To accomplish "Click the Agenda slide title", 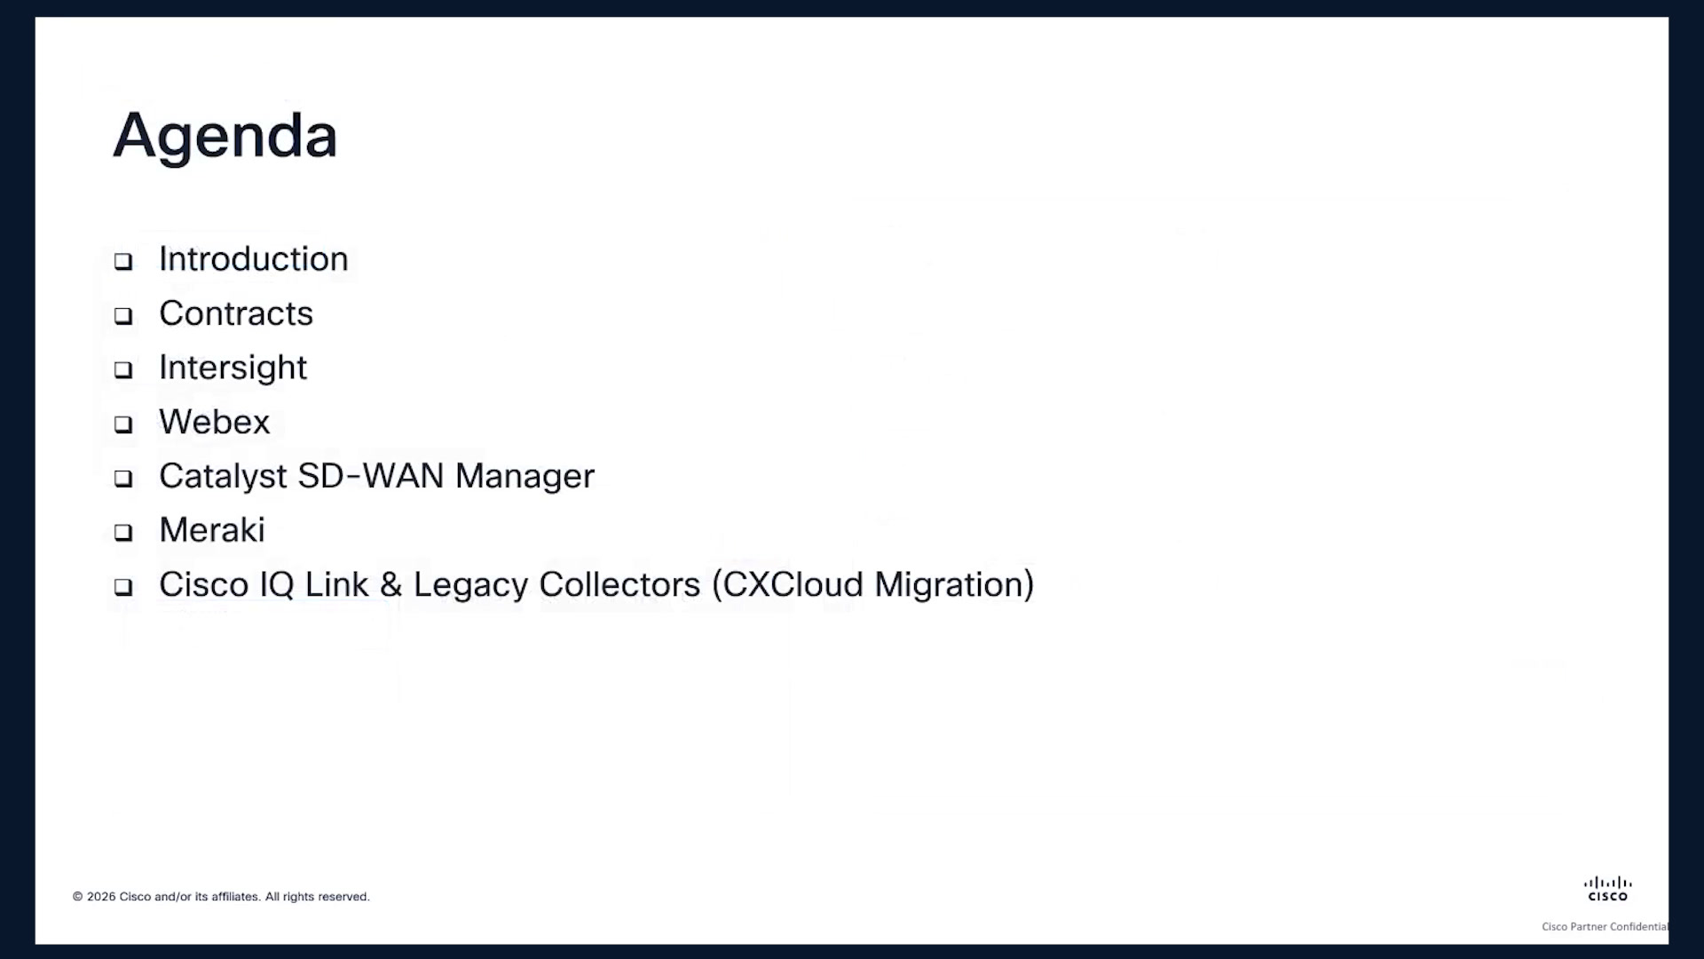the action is click(x=225, y=137).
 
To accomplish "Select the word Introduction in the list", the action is click(x=254, y=259).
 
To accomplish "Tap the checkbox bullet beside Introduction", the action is click(x=123, y=261).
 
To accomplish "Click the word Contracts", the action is click(x=236, y=313).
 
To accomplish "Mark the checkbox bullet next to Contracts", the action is click(x=123, y=315).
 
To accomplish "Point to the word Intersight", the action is click(x=233, y=368).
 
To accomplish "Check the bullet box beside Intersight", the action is click(x=123, y=369).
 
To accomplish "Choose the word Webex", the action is click(x=214, y=422).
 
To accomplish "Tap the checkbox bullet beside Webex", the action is click(x=123, y=424).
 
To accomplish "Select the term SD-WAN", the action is click(x=371, y=476).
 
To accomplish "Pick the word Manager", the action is click(x=525, y=477).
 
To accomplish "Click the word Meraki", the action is click(x=212, y=530).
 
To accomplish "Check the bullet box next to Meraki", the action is click(x=123, y=532).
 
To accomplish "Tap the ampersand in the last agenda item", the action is click(x=390, y=585).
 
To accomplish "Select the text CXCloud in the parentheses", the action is click(x=793, y=585).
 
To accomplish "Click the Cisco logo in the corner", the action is click(x=1608, y=889).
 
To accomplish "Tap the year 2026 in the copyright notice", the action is click(x=101, y=897).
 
